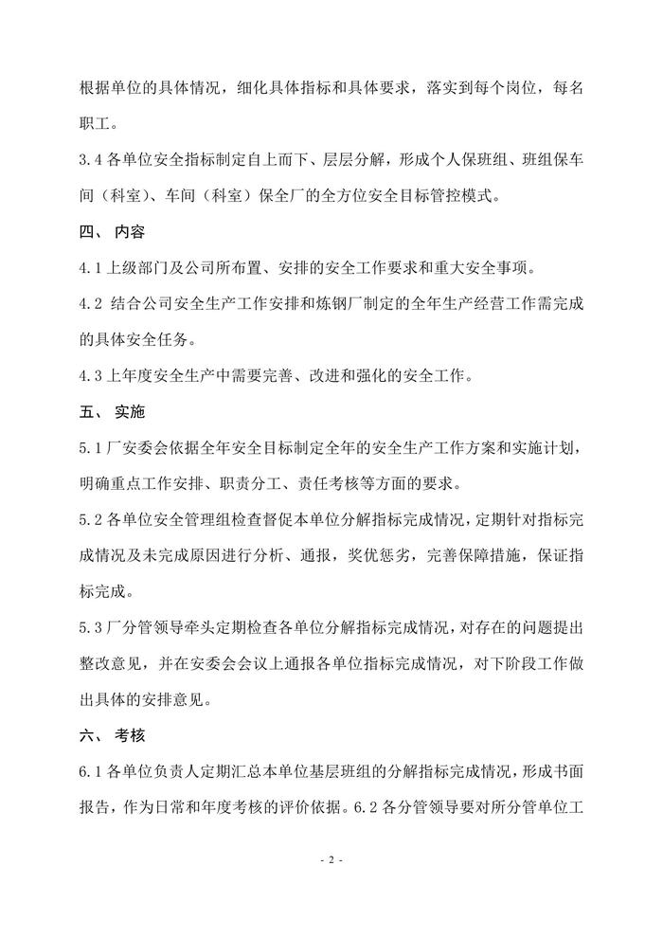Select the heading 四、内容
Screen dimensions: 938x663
point(110,231)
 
